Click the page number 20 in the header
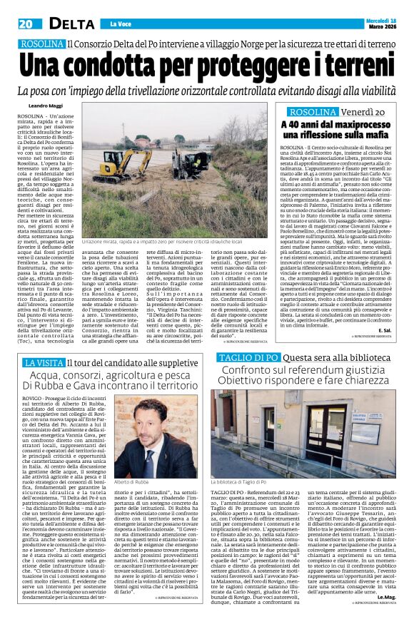26,24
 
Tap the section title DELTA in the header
67,24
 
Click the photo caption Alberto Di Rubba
132,484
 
